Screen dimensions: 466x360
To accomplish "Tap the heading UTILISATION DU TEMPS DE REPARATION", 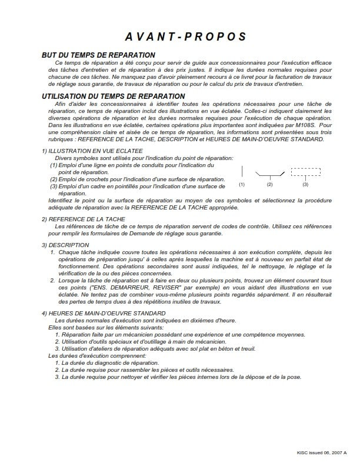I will pyautogui.click(x=113, y=96).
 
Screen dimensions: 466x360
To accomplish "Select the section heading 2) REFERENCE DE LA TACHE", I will pyautogui.click(x=83, y=218).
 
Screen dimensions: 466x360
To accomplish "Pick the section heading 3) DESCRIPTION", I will pyautogui.click(x=65, y=245).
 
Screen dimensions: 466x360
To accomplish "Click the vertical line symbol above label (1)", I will pyautogui.click(x=242, y=172).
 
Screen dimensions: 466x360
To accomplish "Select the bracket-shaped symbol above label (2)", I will pyautogui.click(x=271, y=175).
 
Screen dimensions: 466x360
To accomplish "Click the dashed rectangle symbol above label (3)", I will pyautogui.click(x=305, y=172).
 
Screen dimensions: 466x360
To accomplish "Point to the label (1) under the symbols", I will pyautogui.click(x=242, y=185).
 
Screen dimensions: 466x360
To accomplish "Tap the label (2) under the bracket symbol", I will pyautogui.click(x=271, y=185).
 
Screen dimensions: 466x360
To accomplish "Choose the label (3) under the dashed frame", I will pyautogui.click(x=305, y=185).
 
